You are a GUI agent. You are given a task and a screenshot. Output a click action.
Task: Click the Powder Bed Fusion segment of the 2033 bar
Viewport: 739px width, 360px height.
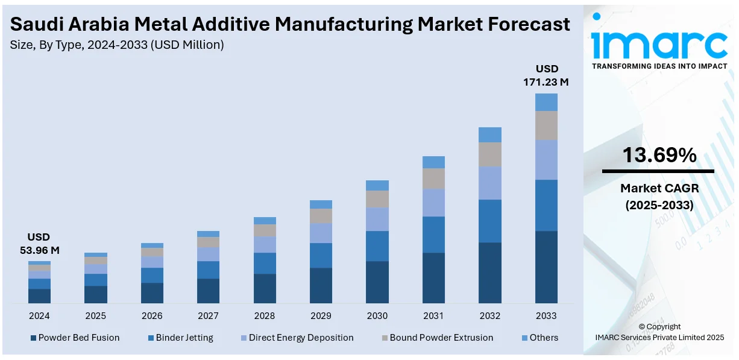pos(546,267)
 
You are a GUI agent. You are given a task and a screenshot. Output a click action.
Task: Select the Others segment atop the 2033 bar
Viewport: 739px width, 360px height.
pos(546,102)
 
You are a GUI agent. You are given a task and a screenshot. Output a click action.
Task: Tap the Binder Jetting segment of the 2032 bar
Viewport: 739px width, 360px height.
pos(490,221)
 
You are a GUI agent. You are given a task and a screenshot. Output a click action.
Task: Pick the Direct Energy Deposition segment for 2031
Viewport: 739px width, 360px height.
pos(433,203)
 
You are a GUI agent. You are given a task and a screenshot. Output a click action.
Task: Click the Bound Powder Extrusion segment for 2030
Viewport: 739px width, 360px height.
pos(377,199)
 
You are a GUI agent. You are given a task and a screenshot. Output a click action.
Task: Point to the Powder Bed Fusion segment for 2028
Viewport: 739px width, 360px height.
pos(265,288)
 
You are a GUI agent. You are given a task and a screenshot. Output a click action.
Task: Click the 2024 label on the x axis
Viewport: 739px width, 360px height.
pos(39,315)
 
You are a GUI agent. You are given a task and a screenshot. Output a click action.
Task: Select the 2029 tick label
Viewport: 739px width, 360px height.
pos(321,315)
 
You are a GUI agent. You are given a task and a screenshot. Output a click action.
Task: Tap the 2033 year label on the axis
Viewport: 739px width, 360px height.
pos(546,315)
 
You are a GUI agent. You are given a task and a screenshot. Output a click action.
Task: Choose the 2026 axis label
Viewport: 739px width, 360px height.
pos(152,315)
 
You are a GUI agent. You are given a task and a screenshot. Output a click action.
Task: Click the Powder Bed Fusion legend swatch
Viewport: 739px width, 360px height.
pos(33,338)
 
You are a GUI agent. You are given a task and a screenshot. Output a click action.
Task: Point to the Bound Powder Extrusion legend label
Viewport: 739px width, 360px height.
pos(441,338)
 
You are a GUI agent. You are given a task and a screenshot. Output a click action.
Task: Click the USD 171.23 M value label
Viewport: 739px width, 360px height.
pos(546,75)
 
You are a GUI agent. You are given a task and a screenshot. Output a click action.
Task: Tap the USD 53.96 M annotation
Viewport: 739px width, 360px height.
pos(39,244)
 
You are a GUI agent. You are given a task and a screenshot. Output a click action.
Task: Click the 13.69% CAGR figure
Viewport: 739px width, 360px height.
pos(659,156)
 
